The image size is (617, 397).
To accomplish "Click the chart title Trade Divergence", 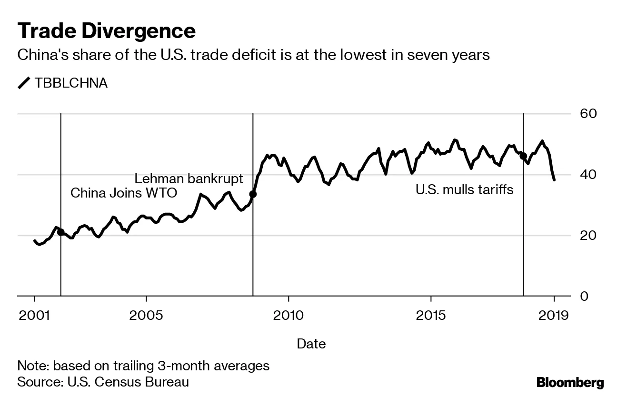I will pyautogui.click(x=106, y=31).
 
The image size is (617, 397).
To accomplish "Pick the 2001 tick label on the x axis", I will pyautogui.click(x=35, y=315).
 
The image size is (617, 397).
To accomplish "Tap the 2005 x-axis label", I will pyautogui.click(x=146, y=315).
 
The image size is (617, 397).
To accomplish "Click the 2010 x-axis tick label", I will pyautogui.click(x=288, y=315).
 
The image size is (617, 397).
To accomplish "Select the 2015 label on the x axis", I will pyautogui.click(x=431, y=315).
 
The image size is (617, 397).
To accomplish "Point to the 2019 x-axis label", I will pyautogui.click(x=554, y=315).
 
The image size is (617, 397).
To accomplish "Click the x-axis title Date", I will pyautogui.click(x=311, y=344).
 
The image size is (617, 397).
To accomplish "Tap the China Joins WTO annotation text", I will pyautogui.click(x=124, y=193).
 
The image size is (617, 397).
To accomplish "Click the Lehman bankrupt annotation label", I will pyautogui.click(x=189, y=179).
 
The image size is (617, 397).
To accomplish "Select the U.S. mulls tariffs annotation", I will pyautogui.click(x=464, y=190).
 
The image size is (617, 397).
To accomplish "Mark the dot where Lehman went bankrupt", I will pyautogui.click(x=253, y=194).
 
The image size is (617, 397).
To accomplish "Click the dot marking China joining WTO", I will pyautogui.click(x=61, y=232).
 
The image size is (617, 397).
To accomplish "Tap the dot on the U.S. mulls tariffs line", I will pyautogui.click(x=523, y=156).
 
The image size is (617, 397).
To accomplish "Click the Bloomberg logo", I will pyautogui.click(x=570, y=382).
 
